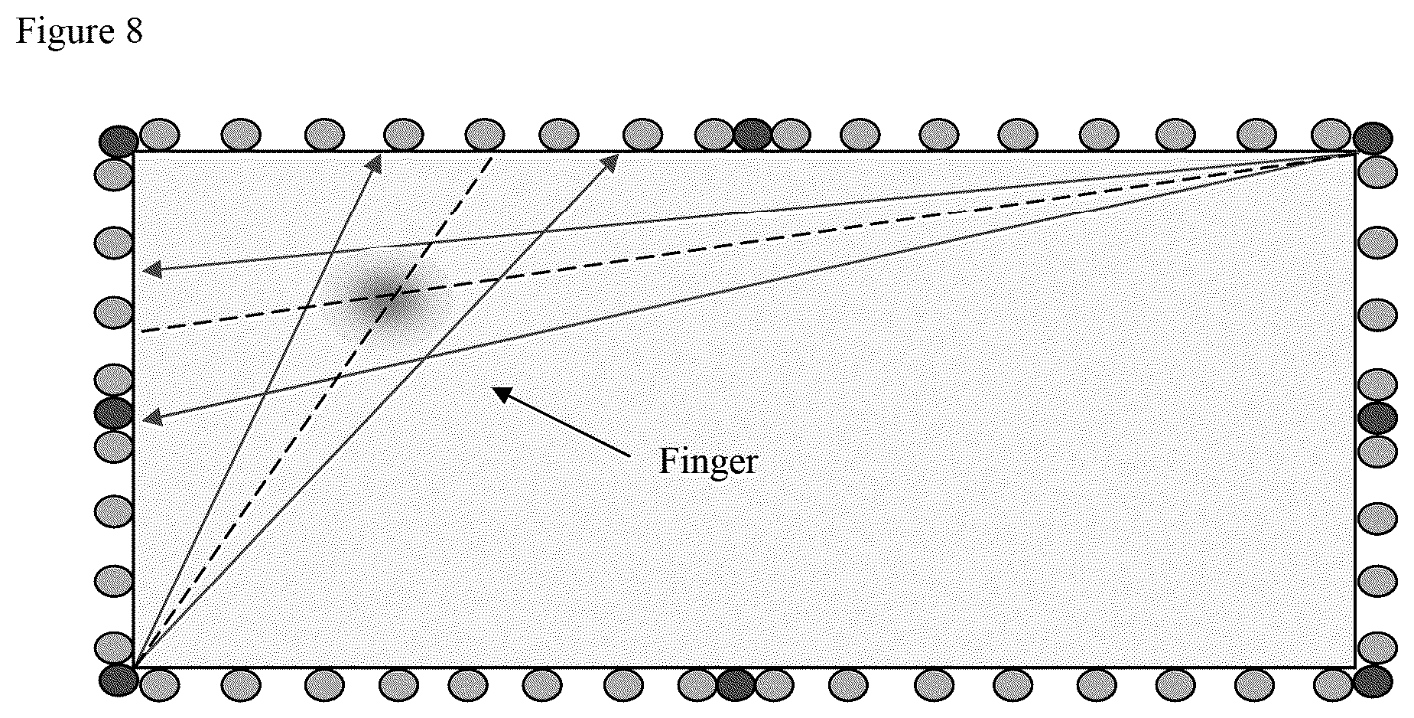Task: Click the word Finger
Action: tap(707, 462)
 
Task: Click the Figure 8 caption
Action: tap(80, 32)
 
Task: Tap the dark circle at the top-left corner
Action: tap(119, 142)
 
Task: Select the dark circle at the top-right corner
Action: tap(1373, 139)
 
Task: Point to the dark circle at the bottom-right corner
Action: tap(1373, 681)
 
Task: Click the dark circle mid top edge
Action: tap(753, 134)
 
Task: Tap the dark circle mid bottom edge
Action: tap(736, 685)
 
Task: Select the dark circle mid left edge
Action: tap(114, 413)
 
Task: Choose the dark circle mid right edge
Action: tap(1377, 418)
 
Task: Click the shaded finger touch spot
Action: tap(383, 298)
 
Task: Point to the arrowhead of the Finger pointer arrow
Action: tap(501, 393)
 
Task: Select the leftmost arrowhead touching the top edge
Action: tap(375, 161)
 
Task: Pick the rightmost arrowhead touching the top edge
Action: tap(612, 161)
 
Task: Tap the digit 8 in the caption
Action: tap(134, 32)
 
